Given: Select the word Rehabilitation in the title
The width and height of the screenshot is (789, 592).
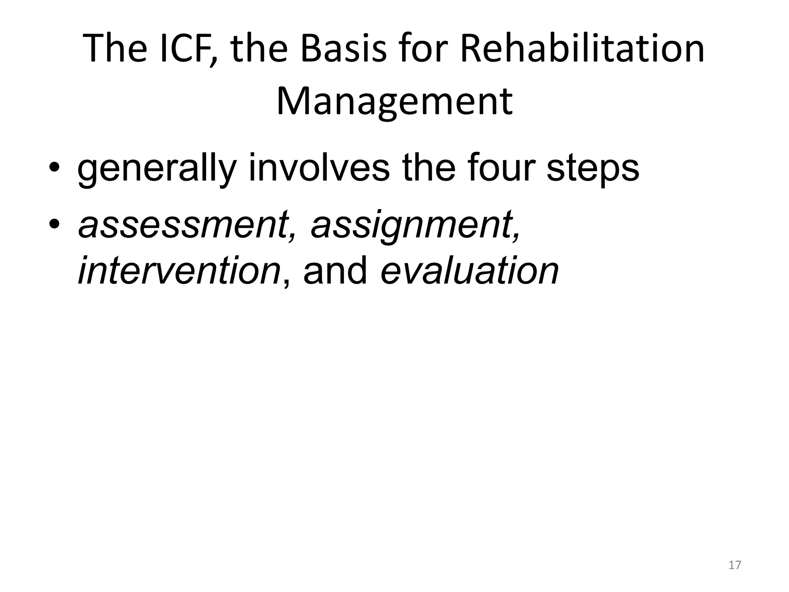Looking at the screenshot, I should tap(582, 49).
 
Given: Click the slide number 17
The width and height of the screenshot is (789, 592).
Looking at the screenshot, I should tap(735, 565).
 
